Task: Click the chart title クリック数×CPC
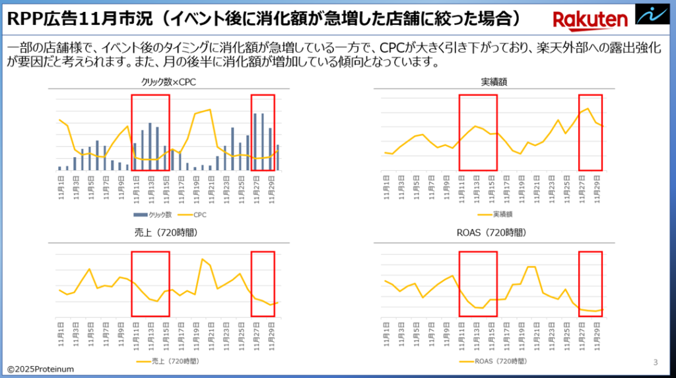(x=168, y=82)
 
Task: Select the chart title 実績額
(x=494, y=82)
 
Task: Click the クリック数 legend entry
(x=153, y=214)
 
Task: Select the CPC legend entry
(x=191, y=214)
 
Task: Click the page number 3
(x=655, y=362)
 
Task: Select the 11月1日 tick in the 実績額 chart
(x=386, y=185)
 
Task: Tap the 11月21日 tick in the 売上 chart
(x=211, y=335)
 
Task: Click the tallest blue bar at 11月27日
(x=255, y=141)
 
